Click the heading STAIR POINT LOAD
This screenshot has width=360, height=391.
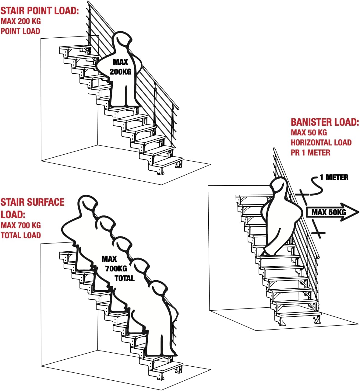click(x=40, y=11)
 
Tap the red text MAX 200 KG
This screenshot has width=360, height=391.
click(x=21, y=21)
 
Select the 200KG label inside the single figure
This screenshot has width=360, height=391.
click(x=120, y=72)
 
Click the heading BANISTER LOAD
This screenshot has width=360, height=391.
click(x=325, y=122)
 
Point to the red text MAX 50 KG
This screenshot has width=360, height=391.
click(x=309, y=133)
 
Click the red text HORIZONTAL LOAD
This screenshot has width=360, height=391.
click(x=321, y=142)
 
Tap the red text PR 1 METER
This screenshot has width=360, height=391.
click(x=310, y=152)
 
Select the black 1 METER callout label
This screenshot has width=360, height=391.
click(x=334, y=177)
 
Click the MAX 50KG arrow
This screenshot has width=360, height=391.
click(x=332, y=212)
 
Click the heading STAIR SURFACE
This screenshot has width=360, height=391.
click(x=32, y=202)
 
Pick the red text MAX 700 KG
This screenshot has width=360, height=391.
click(x=21, y=225)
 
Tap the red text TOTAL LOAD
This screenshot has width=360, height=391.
click(x=21, y=235)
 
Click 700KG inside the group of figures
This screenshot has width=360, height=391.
click(x=116, y=269)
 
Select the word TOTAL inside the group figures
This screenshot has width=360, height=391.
click(x=125, y=278)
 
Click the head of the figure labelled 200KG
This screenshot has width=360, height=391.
click(x=122, y=41)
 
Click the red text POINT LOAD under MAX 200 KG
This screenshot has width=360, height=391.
click(x=20, y=31)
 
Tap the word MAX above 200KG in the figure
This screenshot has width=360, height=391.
click(x=120, y=62)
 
